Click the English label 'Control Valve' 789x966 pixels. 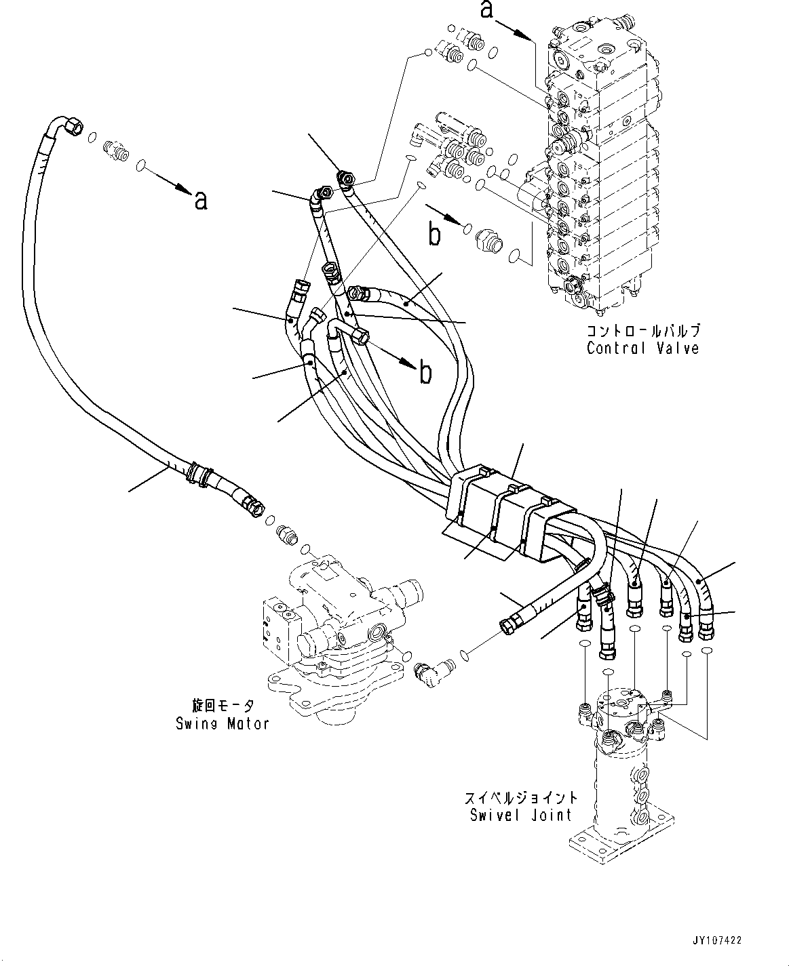(642, 348)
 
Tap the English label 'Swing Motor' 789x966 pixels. (222, 723)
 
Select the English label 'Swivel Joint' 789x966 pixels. (521, 815)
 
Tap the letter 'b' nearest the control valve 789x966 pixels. (434, 234)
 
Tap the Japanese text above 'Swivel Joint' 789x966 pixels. (521, 797)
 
